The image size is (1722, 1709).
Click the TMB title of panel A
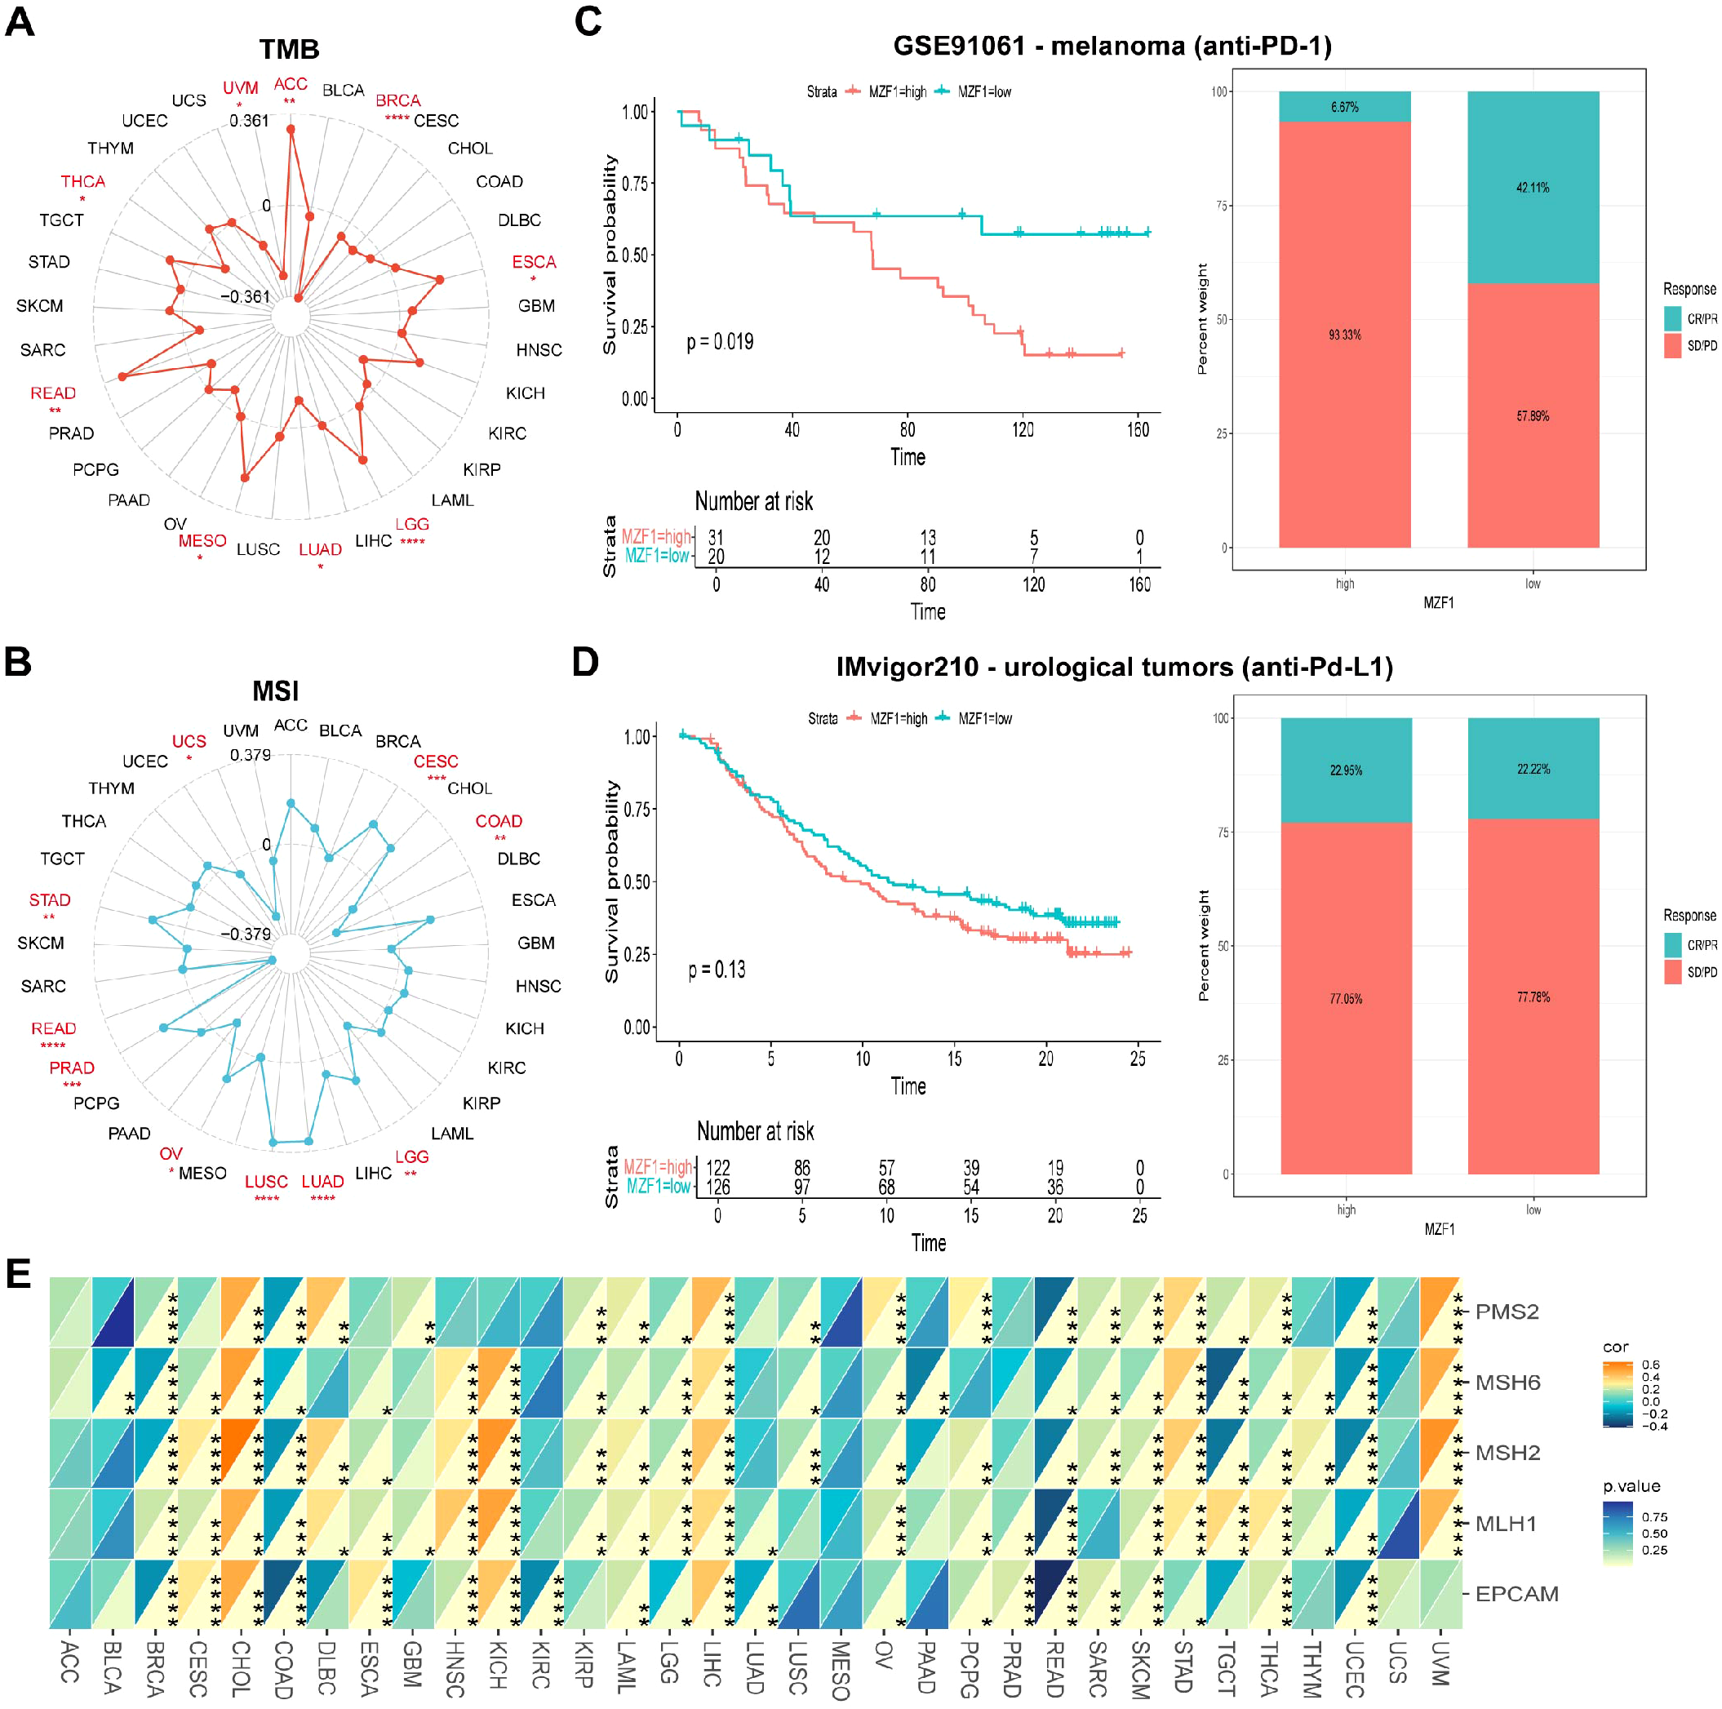[x=289, y=49]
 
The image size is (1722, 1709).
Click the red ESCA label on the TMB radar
[x=533, y=262]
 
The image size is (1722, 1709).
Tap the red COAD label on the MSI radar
[x=499, y=821]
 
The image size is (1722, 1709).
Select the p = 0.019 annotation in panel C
[x=719, y=342]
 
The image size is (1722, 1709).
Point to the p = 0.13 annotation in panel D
[x=716, y=970]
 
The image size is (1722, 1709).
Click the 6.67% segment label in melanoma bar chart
[x=1344, y=107]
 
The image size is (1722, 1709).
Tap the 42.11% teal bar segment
[x=1532, y=187]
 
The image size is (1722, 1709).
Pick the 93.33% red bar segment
[x=1344, y=335]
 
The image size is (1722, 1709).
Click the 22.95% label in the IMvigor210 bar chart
[x=1345, y=770]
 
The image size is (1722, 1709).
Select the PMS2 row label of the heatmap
[x=1507, y=1312]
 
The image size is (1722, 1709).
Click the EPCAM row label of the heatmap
[x=1516, y=1594]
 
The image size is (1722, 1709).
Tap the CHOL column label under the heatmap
[x=241, y=1669]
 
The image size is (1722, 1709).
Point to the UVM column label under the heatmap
[x=1440, y=1663]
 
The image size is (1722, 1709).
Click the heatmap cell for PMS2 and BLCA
[x=113, y=1312]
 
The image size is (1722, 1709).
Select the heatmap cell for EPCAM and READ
[x=1055, y=1594]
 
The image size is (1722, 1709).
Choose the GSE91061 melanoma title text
[x=1112, y=47]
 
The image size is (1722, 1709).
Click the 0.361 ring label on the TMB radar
[x=249, y=120]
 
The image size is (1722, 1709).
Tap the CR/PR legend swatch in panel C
[x=1672, y=318]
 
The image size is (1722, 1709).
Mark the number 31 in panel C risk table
[x=716, y=538]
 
